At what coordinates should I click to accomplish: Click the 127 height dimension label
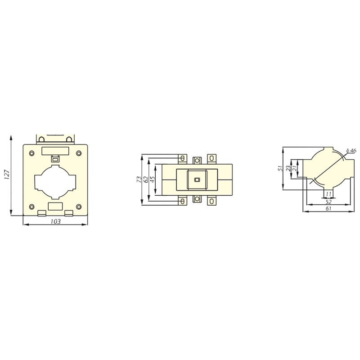[7, 175]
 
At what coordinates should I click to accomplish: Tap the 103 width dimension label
[55, 221]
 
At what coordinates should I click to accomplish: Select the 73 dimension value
[139, 180]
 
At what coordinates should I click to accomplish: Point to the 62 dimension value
[145, 180]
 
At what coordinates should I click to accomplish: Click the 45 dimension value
[153, 180]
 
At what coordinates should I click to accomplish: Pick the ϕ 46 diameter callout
[351, 150]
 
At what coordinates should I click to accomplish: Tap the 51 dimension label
[279, 168]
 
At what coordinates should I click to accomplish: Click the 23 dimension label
[288, 168]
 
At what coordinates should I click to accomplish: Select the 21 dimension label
[294, 168]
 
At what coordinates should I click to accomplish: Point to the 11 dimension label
[329, 194]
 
